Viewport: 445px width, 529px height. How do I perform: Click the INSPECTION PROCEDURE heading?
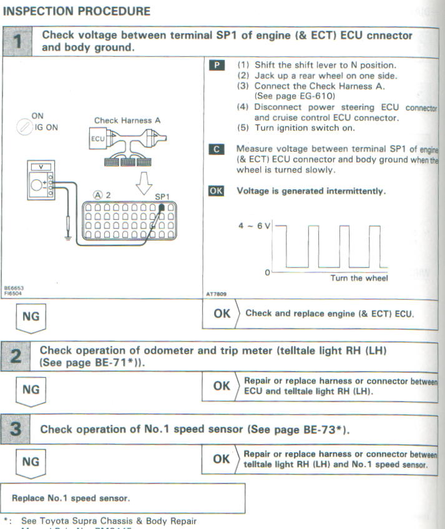click(77, 11)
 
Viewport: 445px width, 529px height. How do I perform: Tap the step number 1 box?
click(18, 42)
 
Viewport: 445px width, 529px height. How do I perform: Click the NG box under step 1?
click(31, 317)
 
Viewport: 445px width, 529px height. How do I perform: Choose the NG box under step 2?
click(31, 390)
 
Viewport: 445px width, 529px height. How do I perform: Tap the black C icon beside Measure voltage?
click(215, 150)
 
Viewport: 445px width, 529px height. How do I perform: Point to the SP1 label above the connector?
click(162, 196)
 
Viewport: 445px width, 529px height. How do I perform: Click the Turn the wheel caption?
click(359, 279)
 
